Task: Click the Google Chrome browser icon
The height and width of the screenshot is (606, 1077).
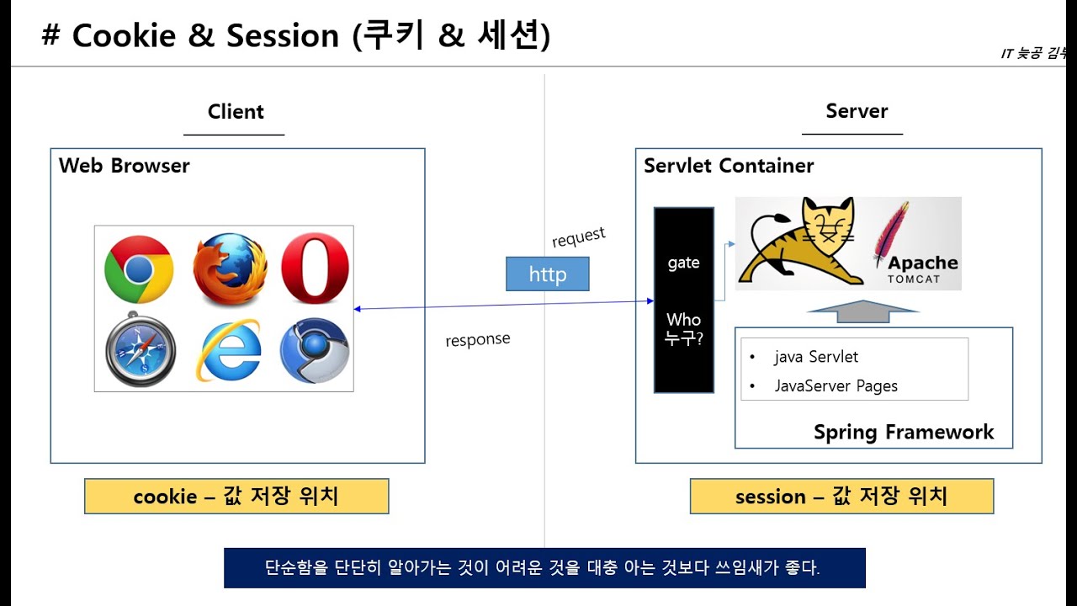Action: click(139, 269)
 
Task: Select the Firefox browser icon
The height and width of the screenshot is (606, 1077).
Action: click(229, 268)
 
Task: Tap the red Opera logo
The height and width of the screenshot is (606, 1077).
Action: click(315, 268)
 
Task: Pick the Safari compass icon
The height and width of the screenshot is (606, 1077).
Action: click(141, 349)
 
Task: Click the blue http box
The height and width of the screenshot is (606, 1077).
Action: click(547, 274)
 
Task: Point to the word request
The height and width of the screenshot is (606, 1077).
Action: click(578, 237)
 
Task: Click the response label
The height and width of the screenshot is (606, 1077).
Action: click(477, 340)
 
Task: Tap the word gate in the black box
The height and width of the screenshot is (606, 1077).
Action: click(683, 263)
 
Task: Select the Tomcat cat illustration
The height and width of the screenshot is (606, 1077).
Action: click(799, 242)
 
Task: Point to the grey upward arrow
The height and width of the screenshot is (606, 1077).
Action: click(862, 311)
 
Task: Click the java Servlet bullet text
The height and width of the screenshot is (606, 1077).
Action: click(815, 357)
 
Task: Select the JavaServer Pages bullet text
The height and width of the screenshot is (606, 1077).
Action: click(836, 386)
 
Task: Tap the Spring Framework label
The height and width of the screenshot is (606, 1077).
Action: click(903, 433)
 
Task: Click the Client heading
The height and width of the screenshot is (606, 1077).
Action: click(236, 112)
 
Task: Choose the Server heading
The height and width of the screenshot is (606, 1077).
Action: click(857, 111)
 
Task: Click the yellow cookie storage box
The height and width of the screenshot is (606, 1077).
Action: click(236, 497)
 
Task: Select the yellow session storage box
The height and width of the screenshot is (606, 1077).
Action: click(841, 497)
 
